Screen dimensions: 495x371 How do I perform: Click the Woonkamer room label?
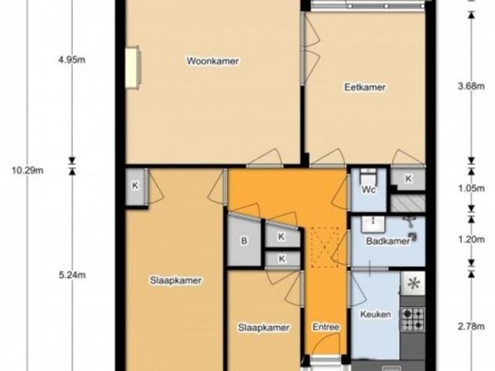pyautogui.click(x=213, y=60)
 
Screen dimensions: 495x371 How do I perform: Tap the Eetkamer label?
pyautogui.click(x=365, y=87)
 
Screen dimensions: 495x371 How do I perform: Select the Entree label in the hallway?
pyautogui.click(x=326, y=327)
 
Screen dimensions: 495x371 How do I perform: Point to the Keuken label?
pyautogui.click(x=375, y=315)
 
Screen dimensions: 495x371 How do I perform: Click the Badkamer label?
pyautogui.click(x=388, y=241)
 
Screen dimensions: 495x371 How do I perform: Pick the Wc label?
pyautogui.click(x=368, y=189)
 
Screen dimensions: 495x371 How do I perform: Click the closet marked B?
pyautogui.click(x=244, y=240)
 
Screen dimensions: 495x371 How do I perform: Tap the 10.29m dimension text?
pyautogui.click(x=28, y=171)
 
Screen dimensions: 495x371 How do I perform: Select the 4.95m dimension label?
pyautogui.click(x=72, y=60)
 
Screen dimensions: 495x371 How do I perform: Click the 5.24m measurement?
pyautogui.click(x=72, y=275)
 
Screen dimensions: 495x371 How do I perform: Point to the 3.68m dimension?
pyautogui.click(x=471, y=86)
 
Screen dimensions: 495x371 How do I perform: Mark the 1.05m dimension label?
pyautogui.click(x=471, y=189)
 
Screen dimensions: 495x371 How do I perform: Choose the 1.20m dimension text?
pyautogui.click(x=471, y=240)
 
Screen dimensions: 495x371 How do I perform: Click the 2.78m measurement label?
pyautogui.click(x=471, y=326)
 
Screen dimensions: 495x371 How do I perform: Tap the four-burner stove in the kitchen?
pyautogui.click(x=412, y=319)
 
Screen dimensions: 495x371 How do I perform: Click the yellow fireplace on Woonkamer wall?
pyautogui.click(x=132, y=67)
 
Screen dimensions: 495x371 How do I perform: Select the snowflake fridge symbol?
pyautogui.click(x=413, y=284)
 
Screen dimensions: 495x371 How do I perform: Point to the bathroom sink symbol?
pyautogui.click(x=373, y=223)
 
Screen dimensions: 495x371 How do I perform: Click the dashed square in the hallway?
pyautogui.click(x=325, y=247)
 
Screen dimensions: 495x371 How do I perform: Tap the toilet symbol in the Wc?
pyautogui.click(x=368, y=175)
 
